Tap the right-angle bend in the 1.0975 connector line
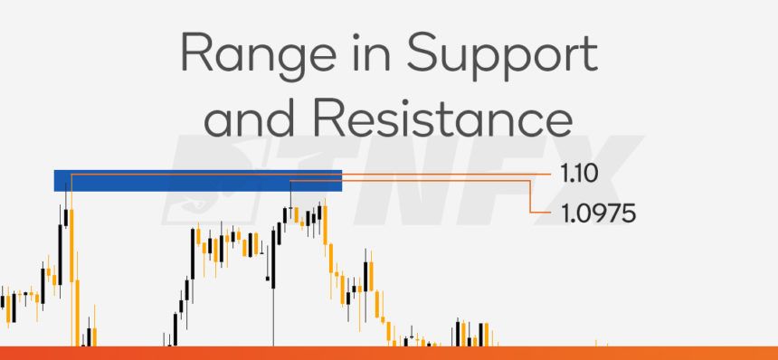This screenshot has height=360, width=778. pos(531,182)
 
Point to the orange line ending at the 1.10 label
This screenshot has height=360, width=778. pos(452,172)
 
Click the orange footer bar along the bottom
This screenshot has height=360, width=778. pos(389,353)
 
